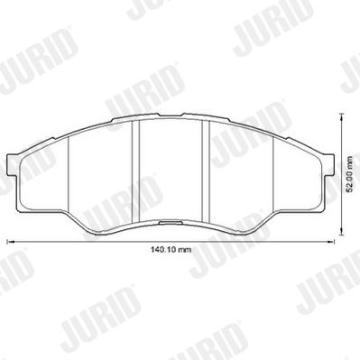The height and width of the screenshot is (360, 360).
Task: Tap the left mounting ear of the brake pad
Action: point(11,165)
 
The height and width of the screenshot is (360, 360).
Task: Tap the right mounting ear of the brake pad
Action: point(330,164)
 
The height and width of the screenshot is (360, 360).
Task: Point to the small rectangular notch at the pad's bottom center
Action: point(170,223)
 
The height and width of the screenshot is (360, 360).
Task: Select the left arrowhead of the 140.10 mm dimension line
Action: point(10,241)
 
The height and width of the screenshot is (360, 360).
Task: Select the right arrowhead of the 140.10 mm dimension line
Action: point(331,241)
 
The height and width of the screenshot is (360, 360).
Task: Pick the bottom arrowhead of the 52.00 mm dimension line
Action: point(341,231)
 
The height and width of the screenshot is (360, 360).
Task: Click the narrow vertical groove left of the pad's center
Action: point(136,171)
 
